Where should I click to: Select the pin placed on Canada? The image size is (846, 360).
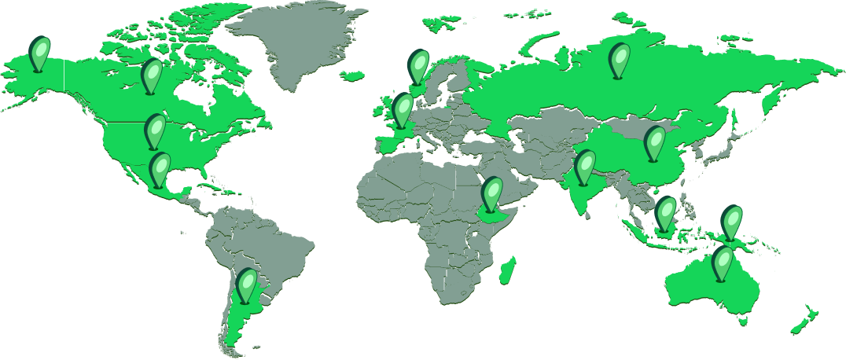(151, 75)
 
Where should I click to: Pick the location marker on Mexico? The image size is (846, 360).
(160, 167)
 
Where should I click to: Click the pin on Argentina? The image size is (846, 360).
(247, 284)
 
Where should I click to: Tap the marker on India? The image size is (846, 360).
(584, 165)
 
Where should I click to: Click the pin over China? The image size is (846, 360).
(654, 141)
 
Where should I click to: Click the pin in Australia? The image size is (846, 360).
(723, 262)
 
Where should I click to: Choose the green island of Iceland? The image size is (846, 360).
(354, 76)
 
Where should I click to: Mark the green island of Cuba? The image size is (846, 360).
(206, 188)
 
